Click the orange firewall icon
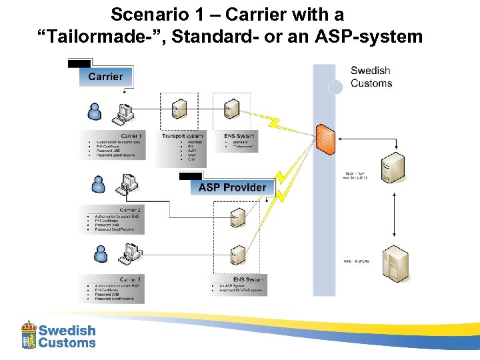[x=325, y=141]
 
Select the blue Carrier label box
[x=105, y=76]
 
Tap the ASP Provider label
[x=231, y=187]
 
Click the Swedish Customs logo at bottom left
[x=59, y=335]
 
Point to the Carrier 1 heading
[x=131, y=136]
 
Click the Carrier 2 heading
[x=129, y=210]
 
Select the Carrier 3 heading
[x=130, y=279]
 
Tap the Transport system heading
[x=182, y=136]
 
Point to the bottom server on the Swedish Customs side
[x=396, y=262]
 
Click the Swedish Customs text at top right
[x=371, y=77]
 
